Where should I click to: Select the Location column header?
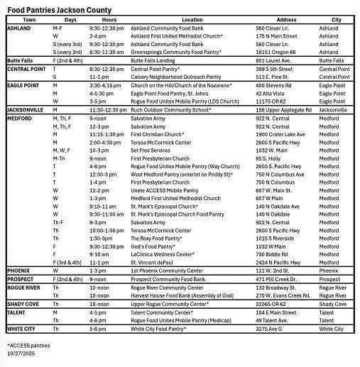[x=192, y=20]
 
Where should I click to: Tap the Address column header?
[x=286, y=20]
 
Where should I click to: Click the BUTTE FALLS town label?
[x=21, y=62]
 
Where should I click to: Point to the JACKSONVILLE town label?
[x=26, y=110]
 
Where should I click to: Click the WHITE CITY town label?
[x=21, y=329]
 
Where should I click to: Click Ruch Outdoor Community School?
[x=171, y=110]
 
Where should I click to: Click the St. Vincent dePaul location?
[x=152, y=262]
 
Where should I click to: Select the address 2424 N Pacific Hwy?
[x=278, y=262]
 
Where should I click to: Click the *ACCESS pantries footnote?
[x=28, y=345]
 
